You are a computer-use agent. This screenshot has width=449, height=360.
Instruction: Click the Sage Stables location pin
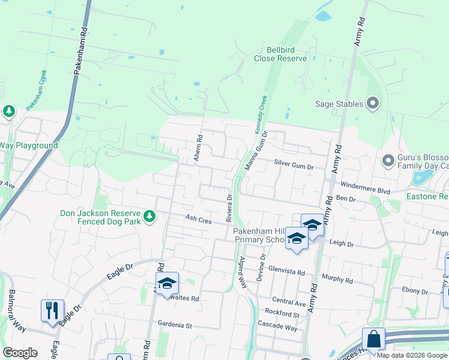373,104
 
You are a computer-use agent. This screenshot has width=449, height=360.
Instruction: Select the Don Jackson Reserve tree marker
149,215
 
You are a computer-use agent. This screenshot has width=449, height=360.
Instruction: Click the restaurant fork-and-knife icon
52,310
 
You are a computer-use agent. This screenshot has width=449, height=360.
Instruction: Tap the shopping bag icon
373,339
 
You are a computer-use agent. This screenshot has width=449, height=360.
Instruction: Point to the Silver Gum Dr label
294,163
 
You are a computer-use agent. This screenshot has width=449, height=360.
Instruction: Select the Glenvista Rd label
288,271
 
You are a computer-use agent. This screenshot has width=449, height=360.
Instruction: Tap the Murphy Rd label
337,280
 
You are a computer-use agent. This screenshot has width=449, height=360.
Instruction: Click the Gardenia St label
174,326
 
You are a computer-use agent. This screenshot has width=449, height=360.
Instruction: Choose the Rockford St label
282,314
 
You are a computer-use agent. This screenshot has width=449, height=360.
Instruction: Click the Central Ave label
288,301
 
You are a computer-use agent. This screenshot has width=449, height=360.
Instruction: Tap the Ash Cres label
198,220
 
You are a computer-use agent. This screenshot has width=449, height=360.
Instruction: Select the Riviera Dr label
229,207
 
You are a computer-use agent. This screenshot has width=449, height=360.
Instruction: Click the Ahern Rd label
197,151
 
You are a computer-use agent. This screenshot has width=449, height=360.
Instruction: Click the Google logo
20,352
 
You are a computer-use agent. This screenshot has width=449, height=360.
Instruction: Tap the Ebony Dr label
415,292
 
